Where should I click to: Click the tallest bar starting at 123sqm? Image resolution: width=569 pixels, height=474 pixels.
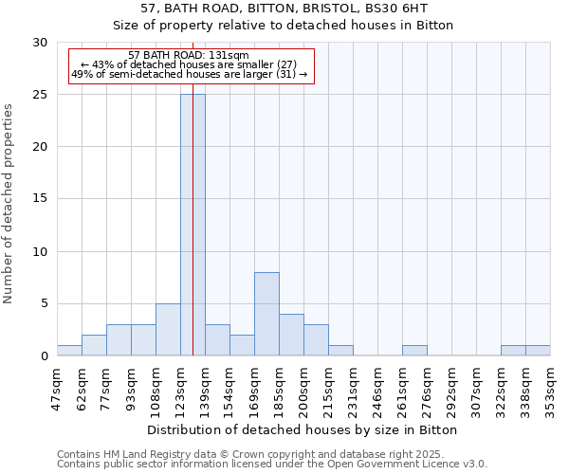coord(193,225)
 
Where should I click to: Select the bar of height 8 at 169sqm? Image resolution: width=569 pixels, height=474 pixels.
coord(266,314)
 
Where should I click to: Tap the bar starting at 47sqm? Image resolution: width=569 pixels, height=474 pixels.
coord(69,351)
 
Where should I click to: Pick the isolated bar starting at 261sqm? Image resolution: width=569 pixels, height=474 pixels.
coord(414,351)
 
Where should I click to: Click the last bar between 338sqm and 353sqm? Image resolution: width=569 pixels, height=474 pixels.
coord(538,351)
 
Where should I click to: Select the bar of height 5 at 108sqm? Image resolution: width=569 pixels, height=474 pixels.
coord(168,330)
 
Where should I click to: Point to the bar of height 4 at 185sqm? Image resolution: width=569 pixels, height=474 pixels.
coord(291,335)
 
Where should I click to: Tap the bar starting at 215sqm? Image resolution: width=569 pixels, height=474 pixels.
coord(340,351)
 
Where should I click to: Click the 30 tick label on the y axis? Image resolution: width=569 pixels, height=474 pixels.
coord(39,43)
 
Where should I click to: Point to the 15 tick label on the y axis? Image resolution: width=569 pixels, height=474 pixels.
coord(39,199)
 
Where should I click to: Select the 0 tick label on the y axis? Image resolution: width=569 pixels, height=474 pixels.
coord(43,356)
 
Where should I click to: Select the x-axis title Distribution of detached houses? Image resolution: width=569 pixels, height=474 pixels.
coord(303,429)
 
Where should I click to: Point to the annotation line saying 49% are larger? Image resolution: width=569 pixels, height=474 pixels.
coord(190,74)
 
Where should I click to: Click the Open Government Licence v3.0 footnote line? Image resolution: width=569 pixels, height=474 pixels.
coord(272,464)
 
